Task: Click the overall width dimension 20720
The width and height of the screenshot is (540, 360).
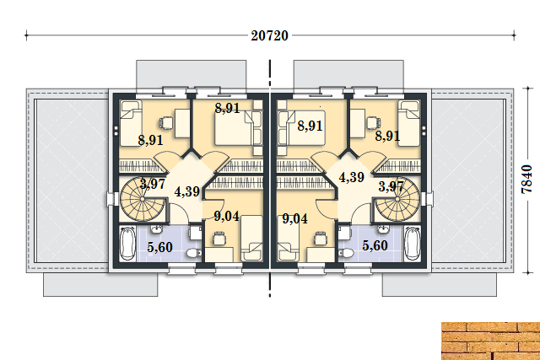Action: click(x=269, y=35)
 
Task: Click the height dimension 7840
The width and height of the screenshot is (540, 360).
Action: click(x=526, y=179)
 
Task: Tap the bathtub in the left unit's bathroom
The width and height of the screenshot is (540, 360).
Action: click(x=127, y=244)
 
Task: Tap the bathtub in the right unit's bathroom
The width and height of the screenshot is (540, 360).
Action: click(x=413, y=244)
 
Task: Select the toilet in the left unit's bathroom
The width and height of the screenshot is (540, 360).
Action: click(x=194, y=254)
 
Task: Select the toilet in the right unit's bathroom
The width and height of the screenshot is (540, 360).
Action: click(x=346, y=254)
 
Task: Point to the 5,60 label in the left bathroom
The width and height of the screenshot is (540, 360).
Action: click(x=159, y=247)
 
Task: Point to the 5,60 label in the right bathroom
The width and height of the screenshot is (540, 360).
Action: click(x=375, y=245)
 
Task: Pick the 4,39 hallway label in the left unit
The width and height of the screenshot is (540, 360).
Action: click(x=187, y=191)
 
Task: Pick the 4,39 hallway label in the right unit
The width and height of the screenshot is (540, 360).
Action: click(x=352, y=177)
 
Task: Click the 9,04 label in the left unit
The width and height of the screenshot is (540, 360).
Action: click(x=227, y=216)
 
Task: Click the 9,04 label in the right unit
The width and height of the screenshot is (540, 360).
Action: click(x=295, y=218)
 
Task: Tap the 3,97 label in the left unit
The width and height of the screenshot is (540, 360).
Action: click(x=153, y=184)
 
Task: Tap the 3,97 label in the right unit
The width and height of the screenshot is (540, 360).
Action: click(x=391, y=186)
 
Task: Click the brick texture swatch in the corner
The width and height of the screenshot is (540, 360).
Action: click(x=491, y=341)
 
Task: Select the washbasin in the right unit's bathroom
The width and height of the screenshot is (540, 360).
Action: click(x=382, y=228)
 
